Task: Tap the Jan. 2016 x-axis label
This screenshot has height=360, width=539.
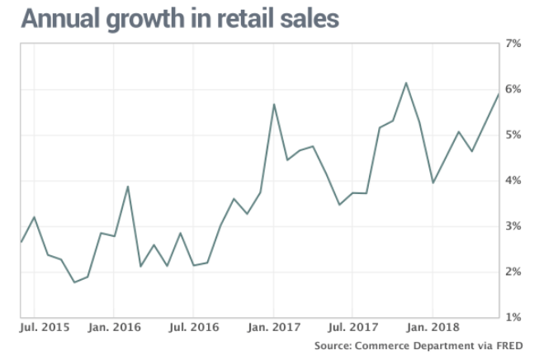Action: click(115, 328)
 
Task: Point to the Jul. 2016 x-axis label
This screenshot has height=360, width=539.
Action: click(193, 328)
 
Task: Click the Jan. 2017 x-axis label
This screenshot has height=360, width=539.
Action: click(273, 328)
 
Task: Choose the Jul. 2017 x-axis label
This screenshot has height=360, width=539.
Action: click(352, 328)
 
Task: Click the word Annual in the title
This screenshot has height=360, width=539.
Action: click(59, 19)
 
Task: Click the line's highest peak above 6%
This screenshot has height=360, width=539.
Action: click(406, 83)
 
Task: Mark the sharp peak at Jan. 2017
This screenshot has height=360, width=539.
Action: click(273, 104)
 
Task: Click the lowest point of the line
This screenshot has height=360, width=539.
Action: click(74, 282)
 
